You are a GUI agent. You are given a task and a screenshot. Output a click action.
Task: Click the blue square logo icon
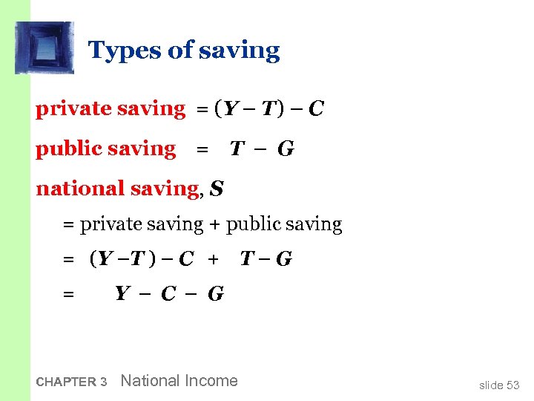point(44,48)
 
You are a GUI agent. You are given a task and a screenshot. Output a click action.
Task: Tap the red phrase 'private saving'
point(111,108)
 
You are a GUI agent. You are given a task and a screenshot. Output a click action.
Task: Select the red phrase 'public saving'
point(106,149)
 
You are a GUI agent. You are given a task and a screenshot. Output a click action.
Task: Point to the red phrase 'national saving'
point(117,189)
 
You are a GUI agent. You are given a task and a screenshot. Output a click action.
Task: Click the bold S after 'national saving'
point(217,189)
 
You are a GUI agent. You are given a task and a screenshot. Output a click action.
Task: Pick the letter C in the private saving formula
point(316,109)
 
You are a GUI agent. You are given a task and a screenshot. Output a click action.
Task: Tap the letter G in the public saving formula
point(286,149)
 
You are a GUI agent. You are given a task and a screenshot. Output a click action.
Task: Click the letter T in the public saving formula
point(237,149)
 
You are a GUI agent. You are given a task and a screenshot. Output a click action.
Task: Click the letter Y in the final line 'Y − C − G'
point(123,294)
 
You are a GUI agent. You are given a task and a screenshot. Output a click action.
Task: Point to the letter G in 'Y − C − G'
point(216,294)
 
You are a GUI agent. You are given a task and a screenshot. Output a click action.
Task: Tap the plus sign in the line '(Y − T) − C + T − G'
point(214,259)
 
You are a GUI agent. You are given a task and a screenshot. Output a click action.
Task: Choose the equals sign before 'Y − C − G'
point(68,295)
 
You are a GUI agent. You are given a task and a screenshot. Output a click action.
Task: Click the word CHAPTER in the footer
point(66,382)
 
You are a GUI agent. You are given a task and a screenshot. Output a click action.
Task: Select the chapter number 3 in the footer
point(104,382)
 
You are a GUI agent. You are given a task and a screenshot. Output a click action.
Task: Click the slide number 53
point(512,385)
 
